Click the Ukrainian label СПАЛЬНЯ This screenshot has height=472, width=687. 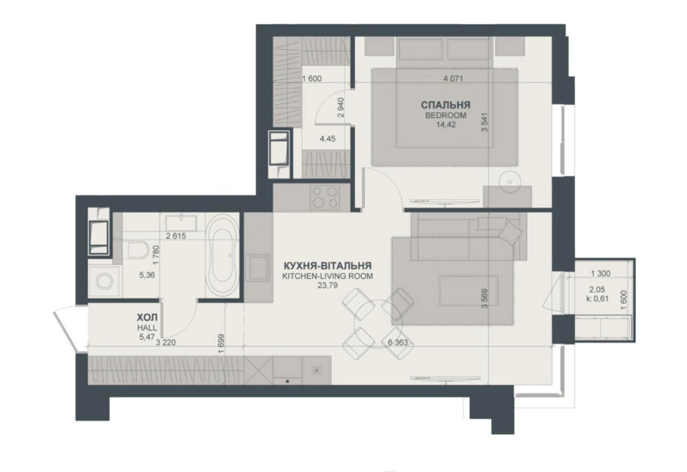pos(446,105)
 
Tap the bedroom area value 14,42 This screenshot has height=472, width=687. pos(446,125)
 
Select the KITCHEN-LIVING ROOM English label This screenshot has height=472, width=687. pos(328,276)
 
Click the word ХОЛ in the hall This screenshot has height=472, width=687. pos(147,317)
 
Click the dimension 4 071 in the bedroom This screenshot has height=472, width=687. pos(453,79)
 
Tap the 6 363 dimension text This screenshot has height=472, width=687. pos(398,342)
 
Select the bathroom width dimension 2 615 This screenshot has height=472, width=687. pos(176,236)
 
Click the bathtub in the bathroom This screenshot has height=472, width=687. pos(222,255)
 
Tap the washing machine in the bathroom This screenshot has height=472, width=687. pos(104,281)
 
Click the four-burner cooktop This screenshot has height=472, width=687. pos(325,198)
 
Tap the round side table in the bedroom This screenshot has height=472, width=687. pos(510,182)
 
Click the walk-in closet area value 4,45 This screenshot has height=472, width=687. pos(328,139)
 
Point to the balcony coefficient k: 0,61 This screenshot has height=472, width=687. pos(597,298)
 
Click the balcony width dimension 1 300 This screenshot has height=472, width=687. pos(601,273)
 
